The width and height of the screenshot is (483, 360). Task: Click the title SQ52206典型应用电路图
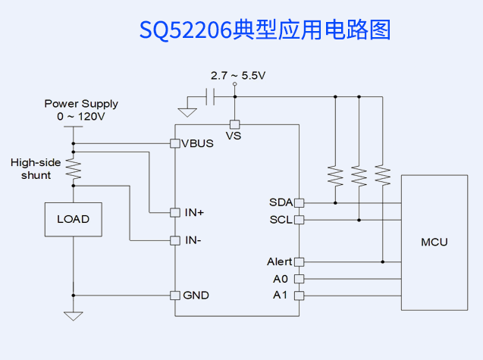pos(265,30)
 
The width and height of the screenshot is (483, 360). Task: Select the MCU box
pos(434,243)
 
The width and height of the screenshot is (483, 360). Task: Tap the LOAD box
pos(74,220)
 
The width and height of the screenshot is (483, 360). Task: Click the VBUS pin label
pos(197,143)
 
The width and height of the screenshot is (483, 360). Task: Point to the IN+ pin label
pos(194,212)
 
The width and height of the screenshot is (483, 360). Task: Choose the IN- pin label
pos(193,240)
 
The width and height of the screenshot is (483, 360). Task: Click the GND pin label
pos(196,295)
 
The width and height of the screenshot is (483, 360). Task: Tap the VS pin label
pos(234,136)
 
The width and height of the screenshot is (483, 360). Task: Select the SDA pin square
pos(299,202)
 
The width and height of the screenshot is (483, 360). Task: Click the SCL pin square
pos(299,220)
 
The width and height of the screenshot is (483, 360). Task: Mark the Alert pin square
pos(299,261)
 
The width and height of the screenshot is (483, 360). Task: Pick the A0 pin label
pos(280,278)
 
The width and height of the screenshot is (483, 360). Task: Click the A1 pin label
pos(280,295)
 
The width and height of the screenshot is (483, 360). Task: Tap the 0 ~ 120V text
pos(81,117)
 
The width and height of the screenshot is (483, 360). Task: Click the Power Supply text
pos(81,104)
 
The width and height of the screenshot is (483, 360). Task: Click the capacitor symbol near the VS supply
pos(212,96)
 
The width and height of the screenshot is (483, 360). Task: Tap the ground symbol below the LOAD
pos(74,315)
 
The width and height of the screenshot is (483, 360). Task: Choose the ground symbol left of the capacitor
pos(187,112)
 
